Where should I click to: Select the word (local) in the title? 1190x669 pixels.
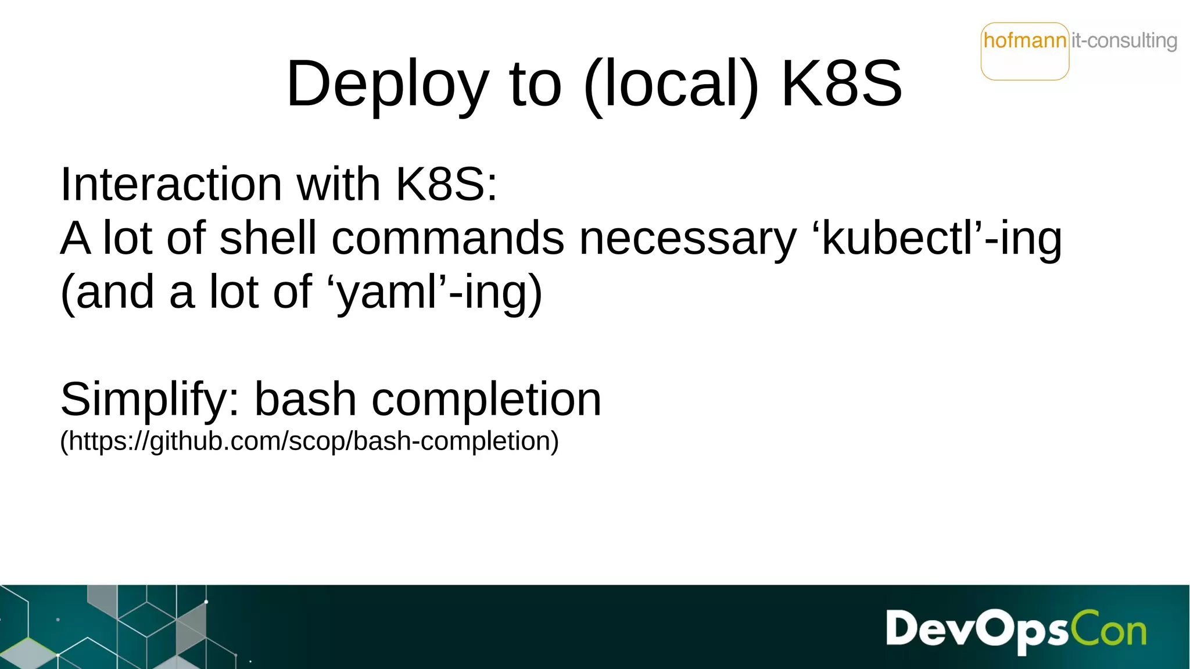[x=671, y=84]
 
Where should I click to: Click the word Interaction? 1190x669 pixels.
[x=171, y=184]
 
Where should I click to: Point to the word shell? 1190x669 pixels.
[x=268, y=238]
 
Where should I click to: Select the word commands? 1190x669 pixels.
[x=447, y=238]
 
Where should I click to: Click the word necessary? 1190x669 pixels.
[x=688, y=238]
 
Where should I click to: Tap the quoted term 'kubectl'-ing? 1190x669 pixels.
[x=941, y=238]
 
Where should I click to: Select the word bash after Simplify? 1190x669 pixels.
[x=306, y=400]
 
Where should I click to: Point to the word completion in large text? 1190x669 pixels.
[x=486, y=400]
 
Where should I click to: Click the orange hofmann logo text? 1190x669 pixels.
[x=1025, y=41]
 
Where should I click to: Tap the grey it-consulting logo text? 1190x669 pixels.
[x=1124, y=41]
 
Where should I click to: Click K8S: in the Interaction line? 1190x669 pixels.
[x=446, y=184]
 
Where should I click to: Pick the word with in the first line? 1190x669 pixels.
[x=338, y=184]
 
